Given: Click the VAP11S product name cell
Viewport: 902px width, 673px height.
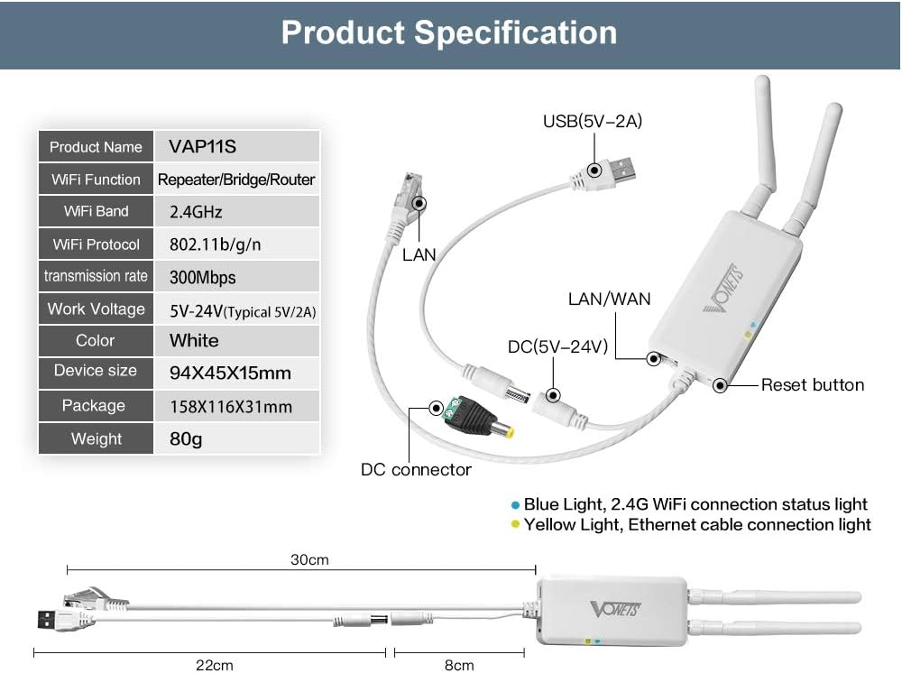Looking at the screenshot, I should pos(202,146).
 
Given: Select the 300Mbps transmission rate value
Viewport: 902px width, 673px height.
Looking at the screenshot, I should pos(202,277).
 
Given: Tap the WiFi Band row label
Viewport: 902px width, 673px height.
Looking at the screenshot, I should pos(96,211).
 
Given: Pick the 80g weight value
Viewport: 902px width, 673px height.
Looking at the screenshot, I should pos(186,438).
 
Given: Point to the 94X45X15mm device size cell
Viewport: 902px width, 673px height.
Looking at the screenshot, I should pos(230,372).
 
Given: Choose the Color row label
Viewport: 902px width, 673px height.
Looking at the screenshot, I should pos(96,340).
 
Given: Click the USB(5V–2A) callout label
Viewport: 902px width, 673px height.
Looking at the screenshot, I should pos(592,121).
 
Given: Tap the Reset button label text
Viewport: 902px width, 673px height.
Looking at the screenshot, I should pos(812,385).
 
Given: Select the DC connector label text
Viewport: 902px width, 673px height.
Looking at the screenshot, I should pos(416,469).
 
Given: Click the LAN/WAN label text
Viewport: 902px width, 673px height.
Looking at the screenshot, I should pos(609,299).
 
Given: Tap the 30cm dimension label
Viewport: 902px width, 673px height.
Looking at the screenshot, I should pos(309,559).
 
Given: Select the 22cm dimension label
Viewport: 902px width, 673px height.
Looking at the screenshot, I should pos(215,665).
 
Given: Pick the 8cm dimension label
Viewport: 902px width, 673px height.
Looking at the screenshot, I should pos(458,665).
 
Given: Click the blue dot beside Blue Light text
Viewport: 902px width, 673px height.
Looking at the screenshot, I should pos(515,504).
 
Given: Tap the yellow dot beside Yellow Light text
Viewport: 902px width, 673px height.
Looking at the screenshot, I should pos(515,524).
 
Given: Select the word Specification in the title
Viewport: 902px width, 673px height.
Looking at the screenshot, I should pos(516,32).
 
